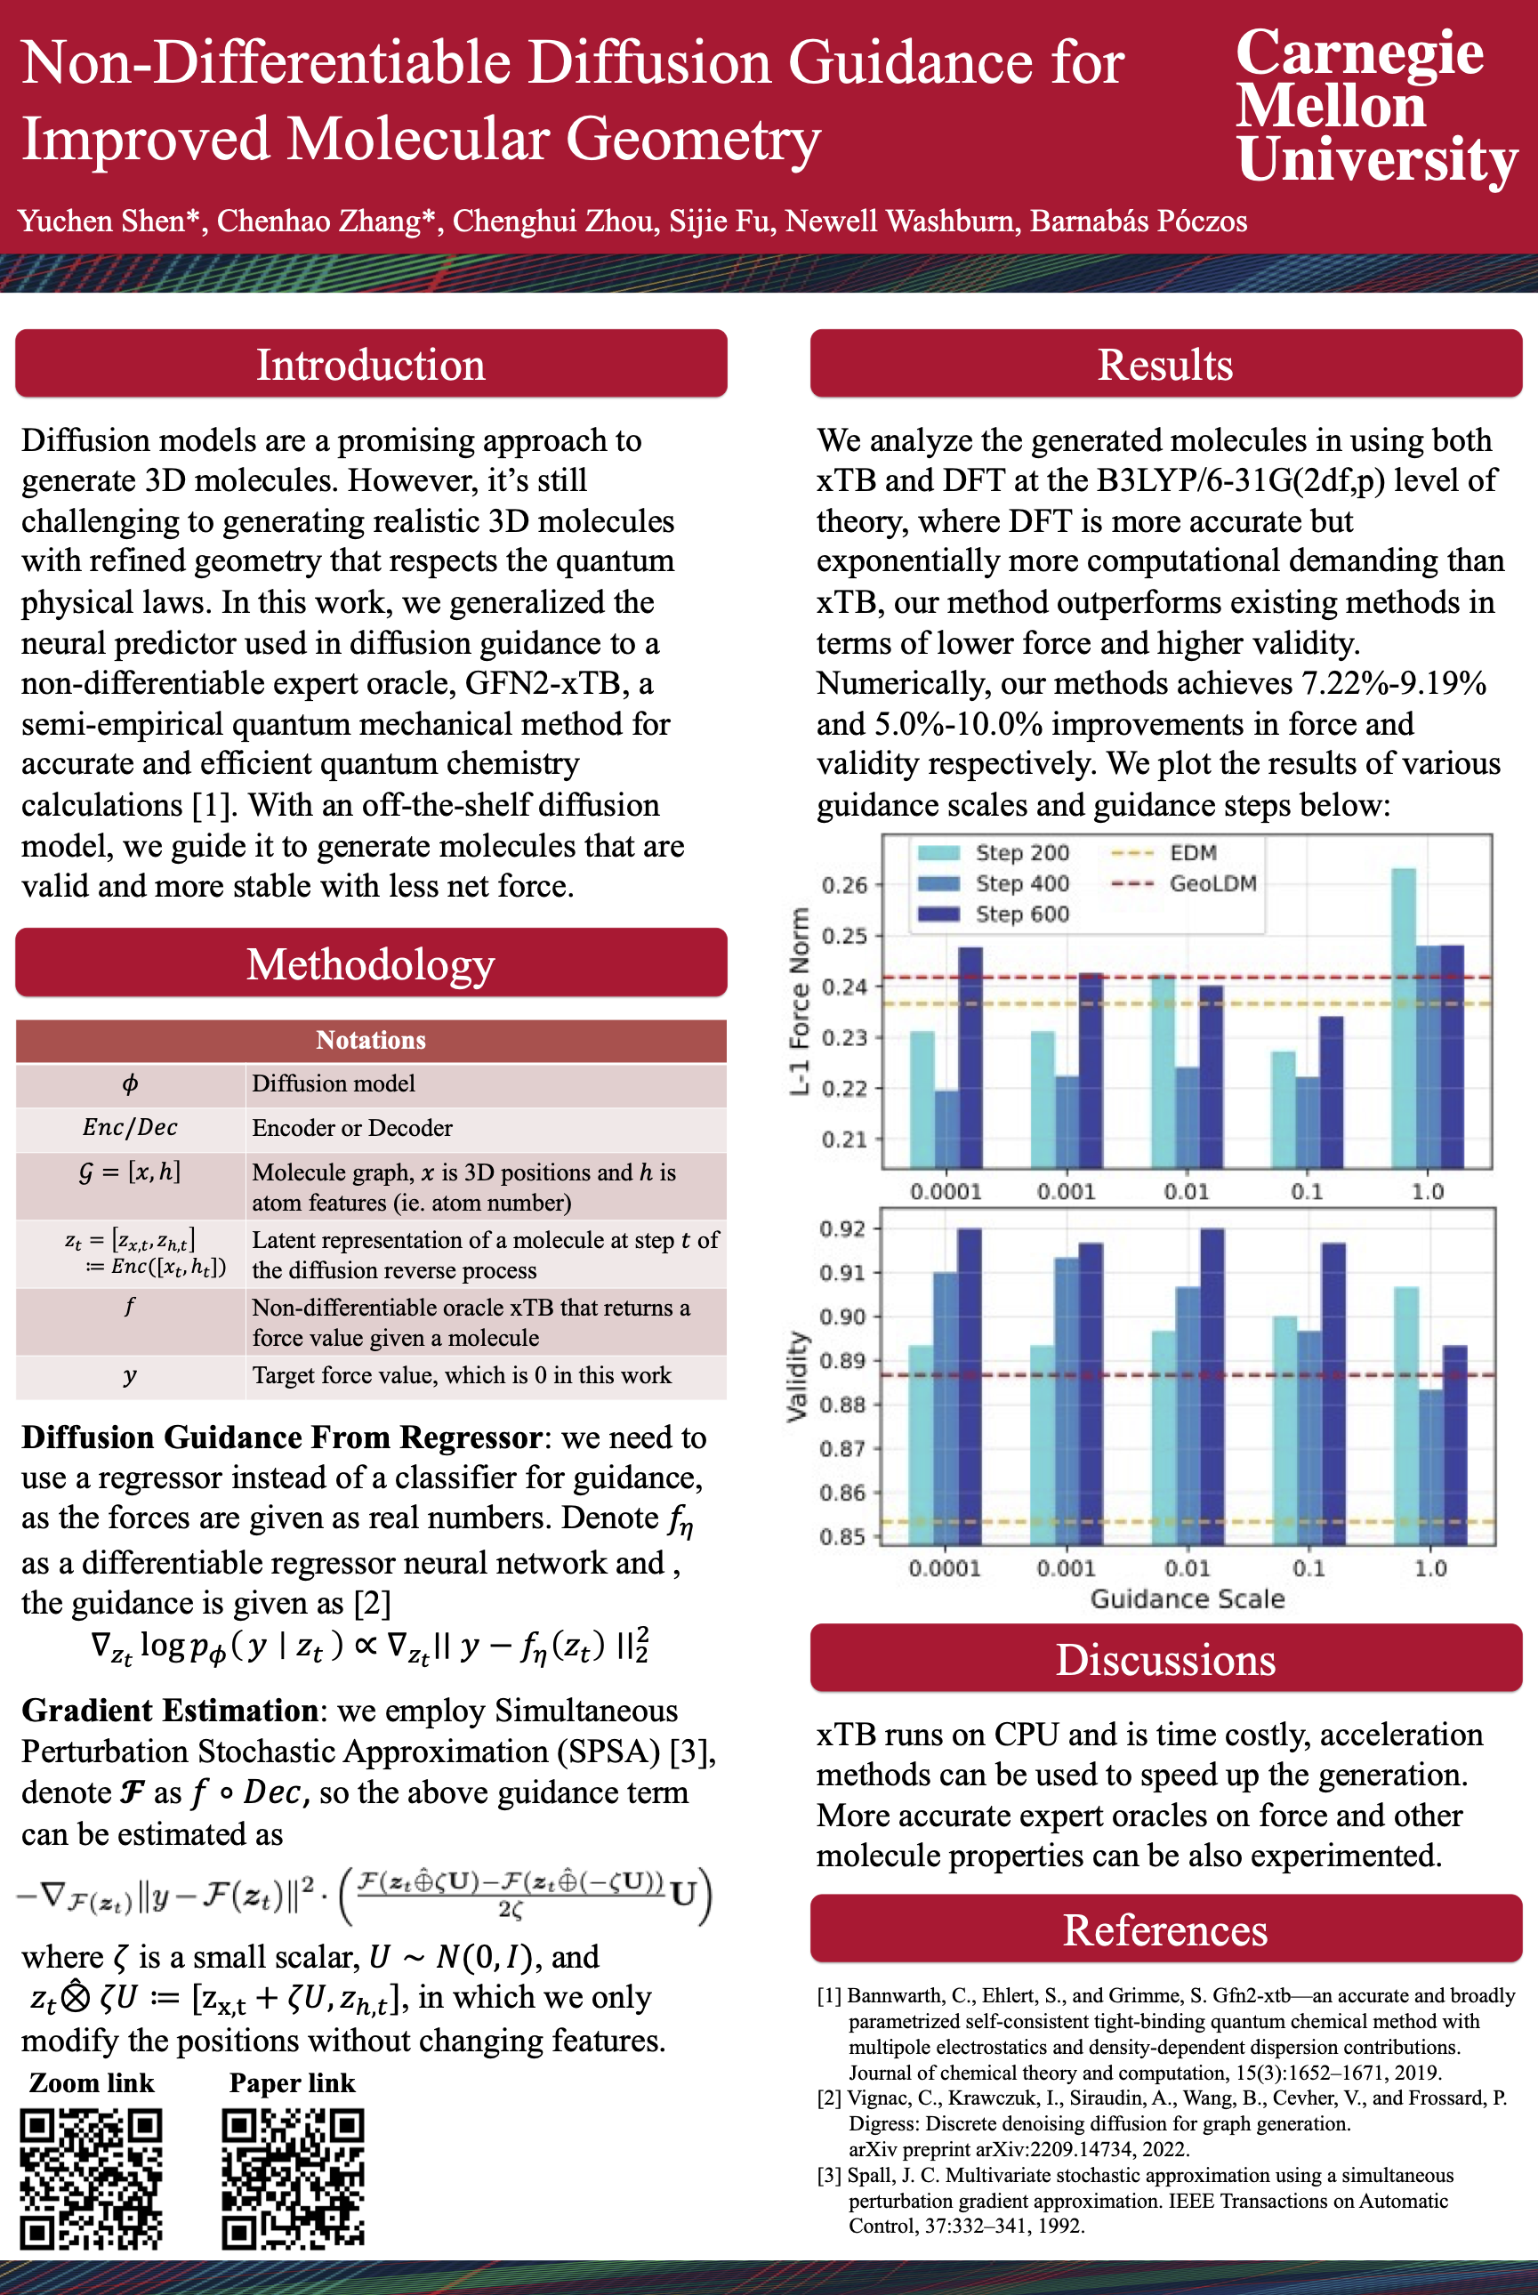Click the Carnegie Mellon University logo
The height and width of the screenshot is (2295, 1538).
click(x=1375, y=106)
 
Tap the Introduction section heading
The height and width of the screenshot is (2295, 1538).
click(x=371, y=365)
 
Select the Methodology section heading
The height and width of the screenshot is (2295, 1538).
click(x=371, y=964)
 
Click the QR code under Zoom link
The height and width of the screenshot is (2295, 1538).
click(x=92, y=2178)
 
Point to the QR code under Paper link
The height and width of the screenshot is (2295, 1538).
click(x=293, y=2178)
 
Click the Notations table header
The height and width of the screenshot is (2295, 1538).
click(x=371, y=1041)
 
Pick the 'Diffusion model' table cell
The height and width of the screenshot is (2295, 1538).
click(x=334, y=1083)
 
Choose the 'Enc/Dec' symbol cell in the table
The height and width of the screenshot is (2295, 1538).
click(x=130, y=1128)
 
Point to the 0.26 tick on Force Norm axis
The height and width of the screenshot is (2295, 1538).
click(x=844, y=885)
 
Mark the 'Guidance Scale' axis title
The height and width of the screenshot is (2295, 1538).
click(x=1187, y=1599)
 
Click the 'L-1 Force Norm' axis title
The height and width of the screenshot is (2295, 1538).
click(x=800, y=1001)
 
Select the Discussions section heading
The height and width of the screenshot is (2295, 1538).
click(x=1165, y=1661)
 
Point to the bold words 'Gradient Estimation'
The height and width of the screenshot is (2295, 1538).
click(x=169, y=1711)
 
